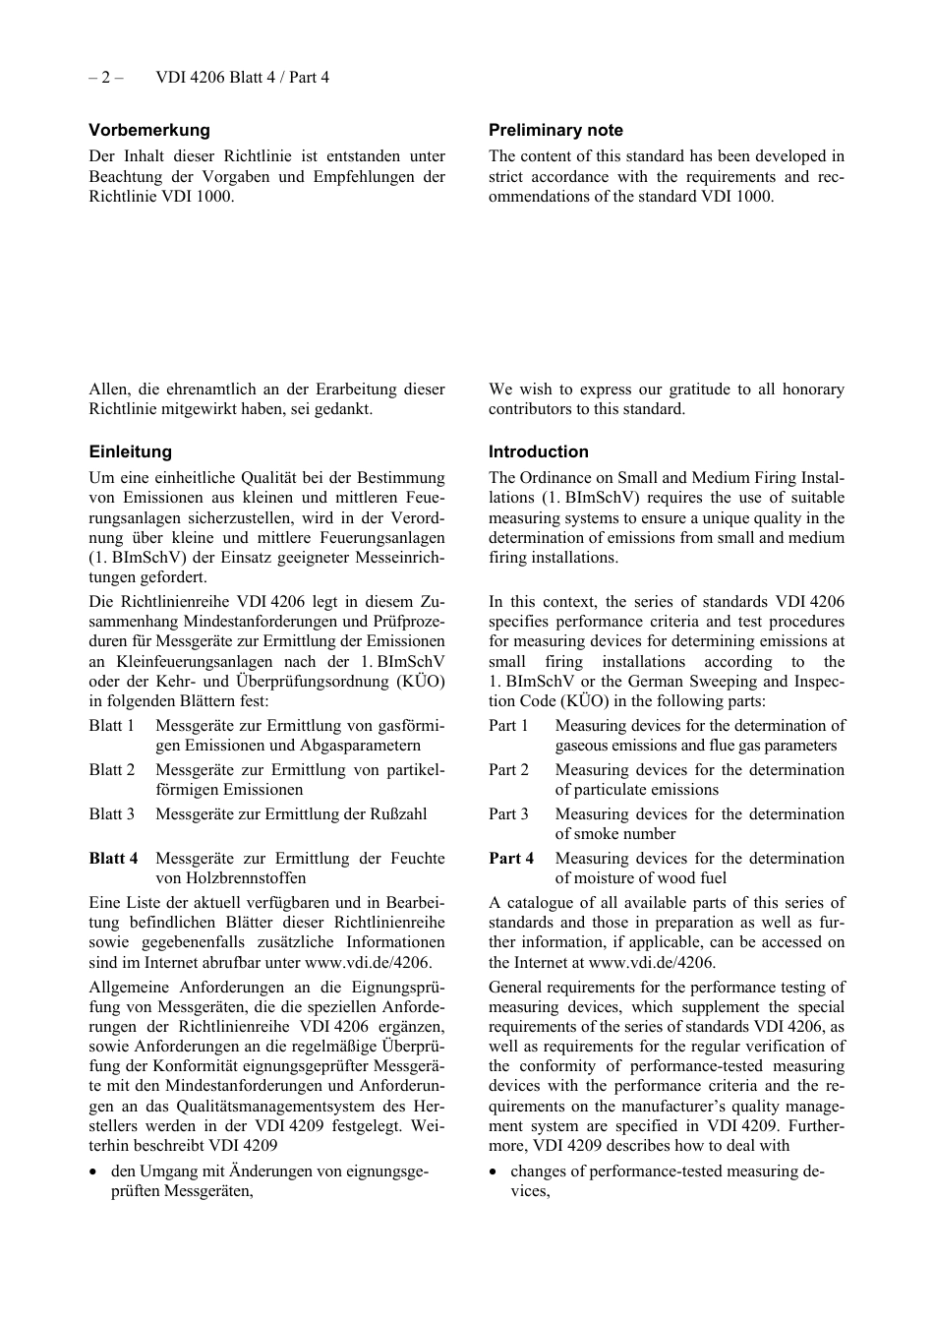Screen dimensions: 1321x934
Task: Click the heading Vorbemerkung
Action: (149, 130)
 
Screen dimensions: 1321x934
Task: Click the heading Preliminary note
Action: (555, 130)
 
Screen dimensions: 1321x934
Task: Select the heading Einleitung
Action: (130, 451)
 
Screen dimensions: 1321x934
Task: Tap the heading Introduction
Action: (539, 451)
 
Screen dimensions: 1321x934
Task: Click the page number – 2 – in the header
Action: (106, 77)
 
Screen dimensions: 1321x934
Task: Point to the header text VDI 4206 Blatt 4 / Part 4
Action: (242, 77)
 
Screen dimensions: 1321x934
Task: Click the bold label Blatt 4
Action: (113, 858)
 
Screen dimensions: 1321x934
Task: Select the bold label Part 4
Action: (511, 858)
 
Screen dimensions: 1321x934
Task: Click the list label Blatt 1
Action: (111, 725)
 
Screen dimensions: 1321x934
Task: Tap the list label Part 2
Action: (508, 769)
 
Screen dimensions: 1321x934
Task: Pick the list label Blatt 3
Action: (111, 813)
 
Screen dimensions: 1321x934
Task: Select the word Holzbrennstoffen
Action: (230, 877)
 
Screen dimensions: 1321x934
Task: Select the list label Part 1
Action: (508, 725)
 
